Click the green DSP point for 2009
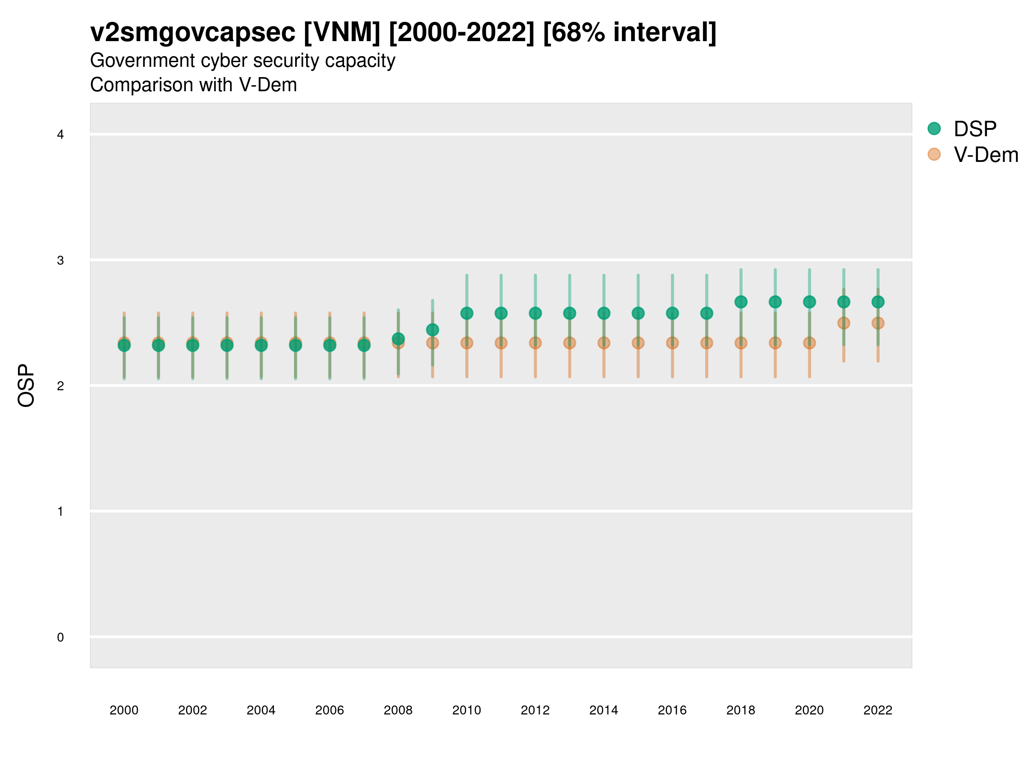tap(432, 330)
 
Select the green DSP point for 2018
tap(741, 302)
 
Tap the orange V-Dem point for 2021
tap(843, 323)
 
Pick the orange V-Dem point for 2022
tap(878, 323)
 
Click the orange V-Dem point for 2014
tap(604, 343)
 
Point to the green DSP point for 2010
tap(466, 313)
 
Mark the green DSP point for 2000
tap(124, 345)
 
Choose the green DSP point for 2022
tap(878, 302)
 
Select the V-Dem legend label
tap(986, 155)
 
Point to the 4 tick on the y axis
tap(60, 135)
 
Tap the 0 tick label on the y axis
tap(60, 637)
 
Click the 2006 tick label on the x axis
tap(329, 710)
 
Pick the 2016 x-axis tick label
tap(672, 710)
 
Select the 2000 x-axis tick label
tap(124, 710)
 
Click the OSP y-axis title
tap(27, 386)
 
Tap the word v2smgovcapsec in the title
tap(192, 33)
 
